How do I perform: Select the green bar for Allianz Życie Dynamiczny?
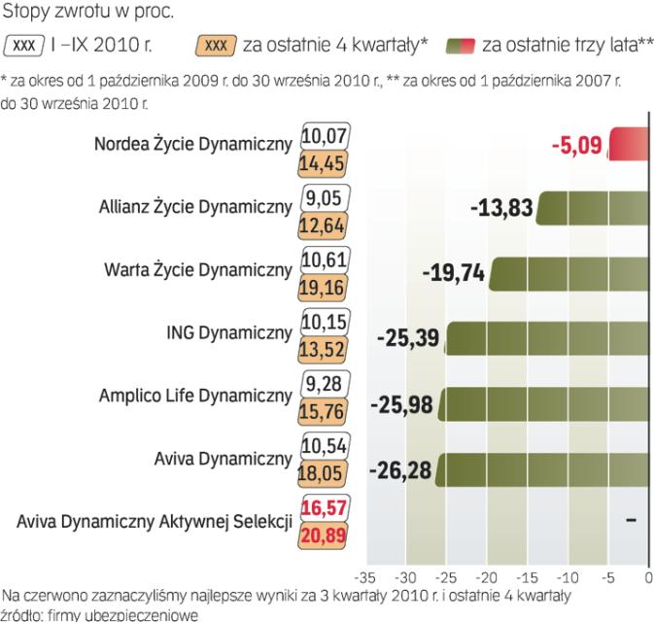[594, 208]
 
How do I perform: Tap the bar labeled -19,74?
[568, 271]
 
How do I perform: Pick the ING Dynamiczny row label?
[229, 333]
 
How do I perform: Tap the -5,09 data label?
[576, 147]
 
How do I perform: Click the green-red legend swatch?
[461, 45]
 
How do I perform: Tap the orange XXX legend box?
[217, 45]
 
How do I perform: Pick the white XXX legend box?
[27, 45]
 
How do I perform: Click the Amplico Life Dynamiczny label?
[195, 396]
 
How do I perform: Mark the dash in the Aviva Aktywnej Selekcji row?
[632, 520]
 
